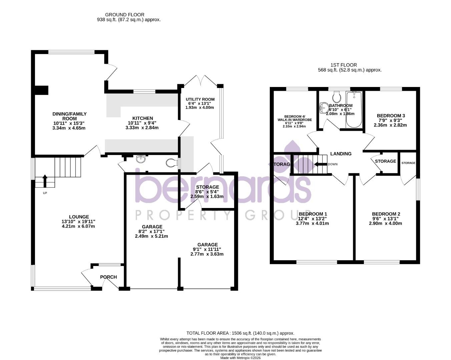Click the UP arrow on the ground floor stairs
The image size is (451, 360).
(45, 181)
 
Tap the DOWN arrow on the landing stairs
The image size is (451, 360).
(319, 164)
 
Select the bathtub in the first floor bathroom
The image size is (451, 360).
(354, 110)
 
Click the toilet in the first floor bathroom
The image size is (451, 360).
(337, 97)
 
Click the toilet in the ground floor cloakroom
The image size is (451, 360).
(172, 163)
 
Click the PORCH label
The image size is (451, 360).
(108, 277)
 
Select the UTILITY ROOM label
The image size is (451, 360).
(200, 99)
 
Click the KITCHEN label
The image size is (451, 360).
(142, 118)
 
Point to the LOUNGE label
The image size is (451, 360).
(79, 217)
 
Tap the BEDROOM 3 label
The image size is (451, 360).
(391, 116)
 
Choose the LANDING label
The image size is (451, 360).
(341, 154)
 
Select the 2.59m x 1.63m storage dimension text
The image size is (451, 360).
(207, 197)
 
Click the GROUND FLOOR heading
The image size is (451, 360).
(124, 15)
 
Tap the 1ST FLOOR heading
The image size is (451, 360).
(344, 65)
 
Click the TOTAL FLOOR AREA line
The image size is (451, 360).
(240, 333)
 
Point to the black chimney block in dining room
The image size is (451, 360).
(42, 90)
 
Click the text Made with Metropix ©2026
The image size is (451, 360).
(240, 358)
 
